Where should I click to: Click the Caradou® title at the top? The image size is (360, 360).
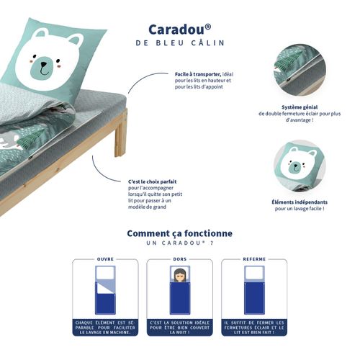179,29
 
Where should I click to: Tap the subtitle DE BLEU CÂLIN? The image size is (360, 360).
179,43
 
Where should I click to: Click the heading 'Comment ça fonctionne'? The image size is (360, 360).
179,233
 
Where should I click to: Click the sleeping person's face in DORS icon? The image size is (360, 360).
179,274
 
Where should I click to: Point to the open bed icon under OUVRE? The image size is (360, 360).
105,289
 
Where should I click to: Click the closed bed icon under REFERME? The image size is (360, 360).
253,289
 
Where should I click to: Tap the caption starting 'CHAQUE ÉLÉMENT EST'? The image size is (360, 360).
105,327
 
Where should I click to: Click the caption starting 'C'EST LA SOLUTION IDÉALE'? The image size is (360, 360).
179,327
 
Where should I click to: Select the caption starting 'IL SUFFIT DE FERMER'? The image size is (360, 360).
253,327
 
